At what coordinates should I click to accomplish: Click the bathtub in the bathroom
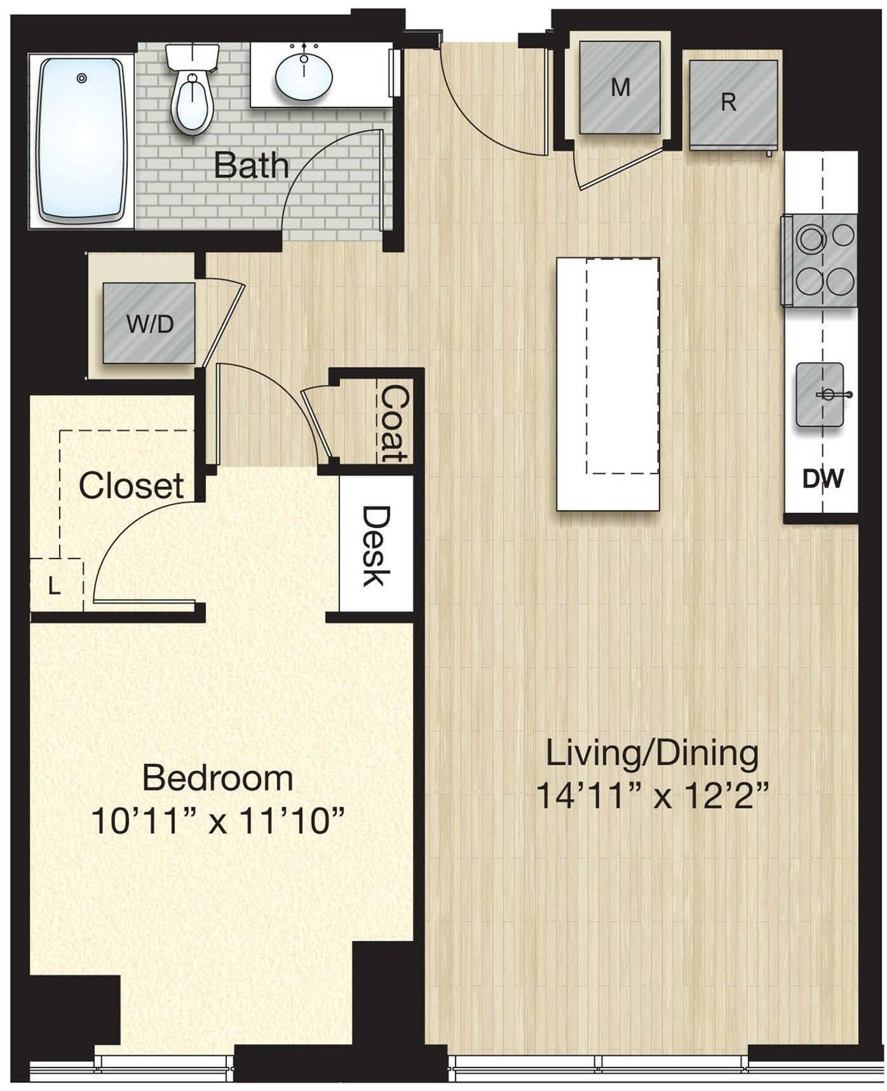[x=81, y=140]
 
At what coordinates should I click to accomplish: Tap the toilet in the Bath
[x=192, y=92]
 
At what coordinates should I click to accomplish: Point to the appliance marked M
[x=620, y=87]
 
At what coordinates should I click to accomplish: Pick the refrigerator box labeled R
[x=733, y=103]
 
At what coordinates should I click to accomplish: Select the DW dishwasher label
[x=823, y=478]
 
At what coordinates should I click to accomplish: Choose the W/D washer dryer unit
[x=149, y=323]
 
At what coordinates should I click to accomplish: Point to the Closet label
[x=132, y=486]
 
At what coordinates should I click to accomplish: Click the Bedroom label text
[x=217, y=778]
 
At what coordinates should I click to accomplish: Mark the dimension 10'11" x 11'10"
[x=217, y=820]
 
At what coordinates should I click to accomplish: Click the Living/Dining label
[x=653, y=754]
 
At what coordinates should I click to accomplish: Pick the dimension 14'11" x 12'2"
[x=653, y=795]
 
